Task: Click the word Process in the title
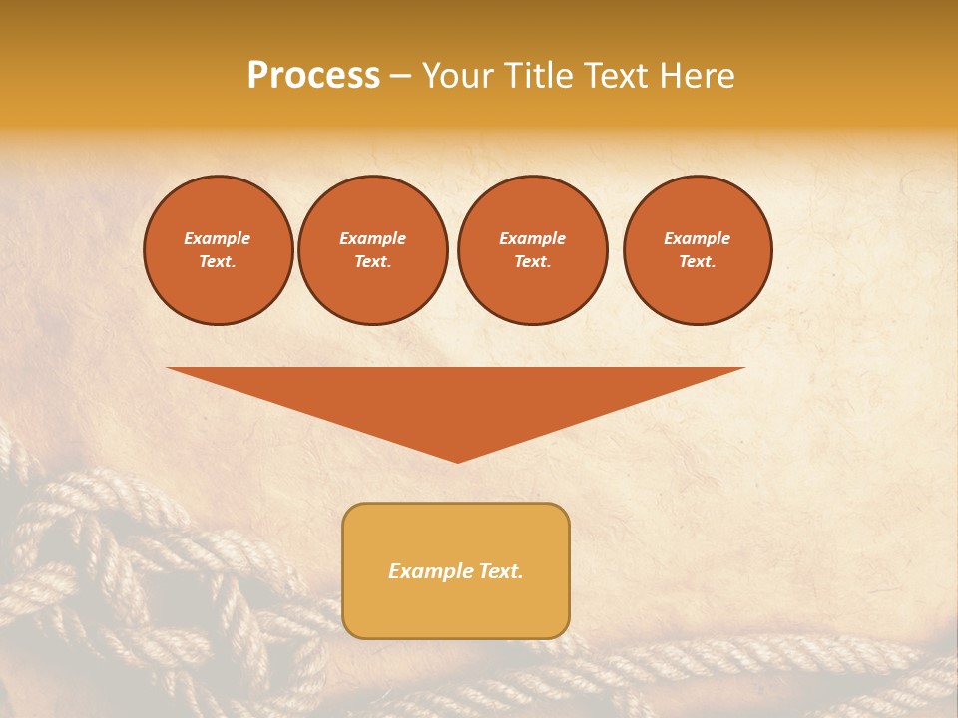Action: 313,76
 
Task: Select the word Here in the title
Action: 697,76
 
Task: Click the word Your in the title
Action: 457,76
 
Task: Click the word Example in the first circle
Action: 218,238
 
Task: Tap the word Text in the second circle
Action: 372,262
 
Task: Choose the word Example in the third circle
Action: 532,238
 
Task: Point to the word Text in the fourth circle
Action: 697,262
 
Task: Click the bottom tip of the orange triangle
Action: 458,460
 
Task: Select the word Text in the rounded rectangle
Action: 501,571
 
